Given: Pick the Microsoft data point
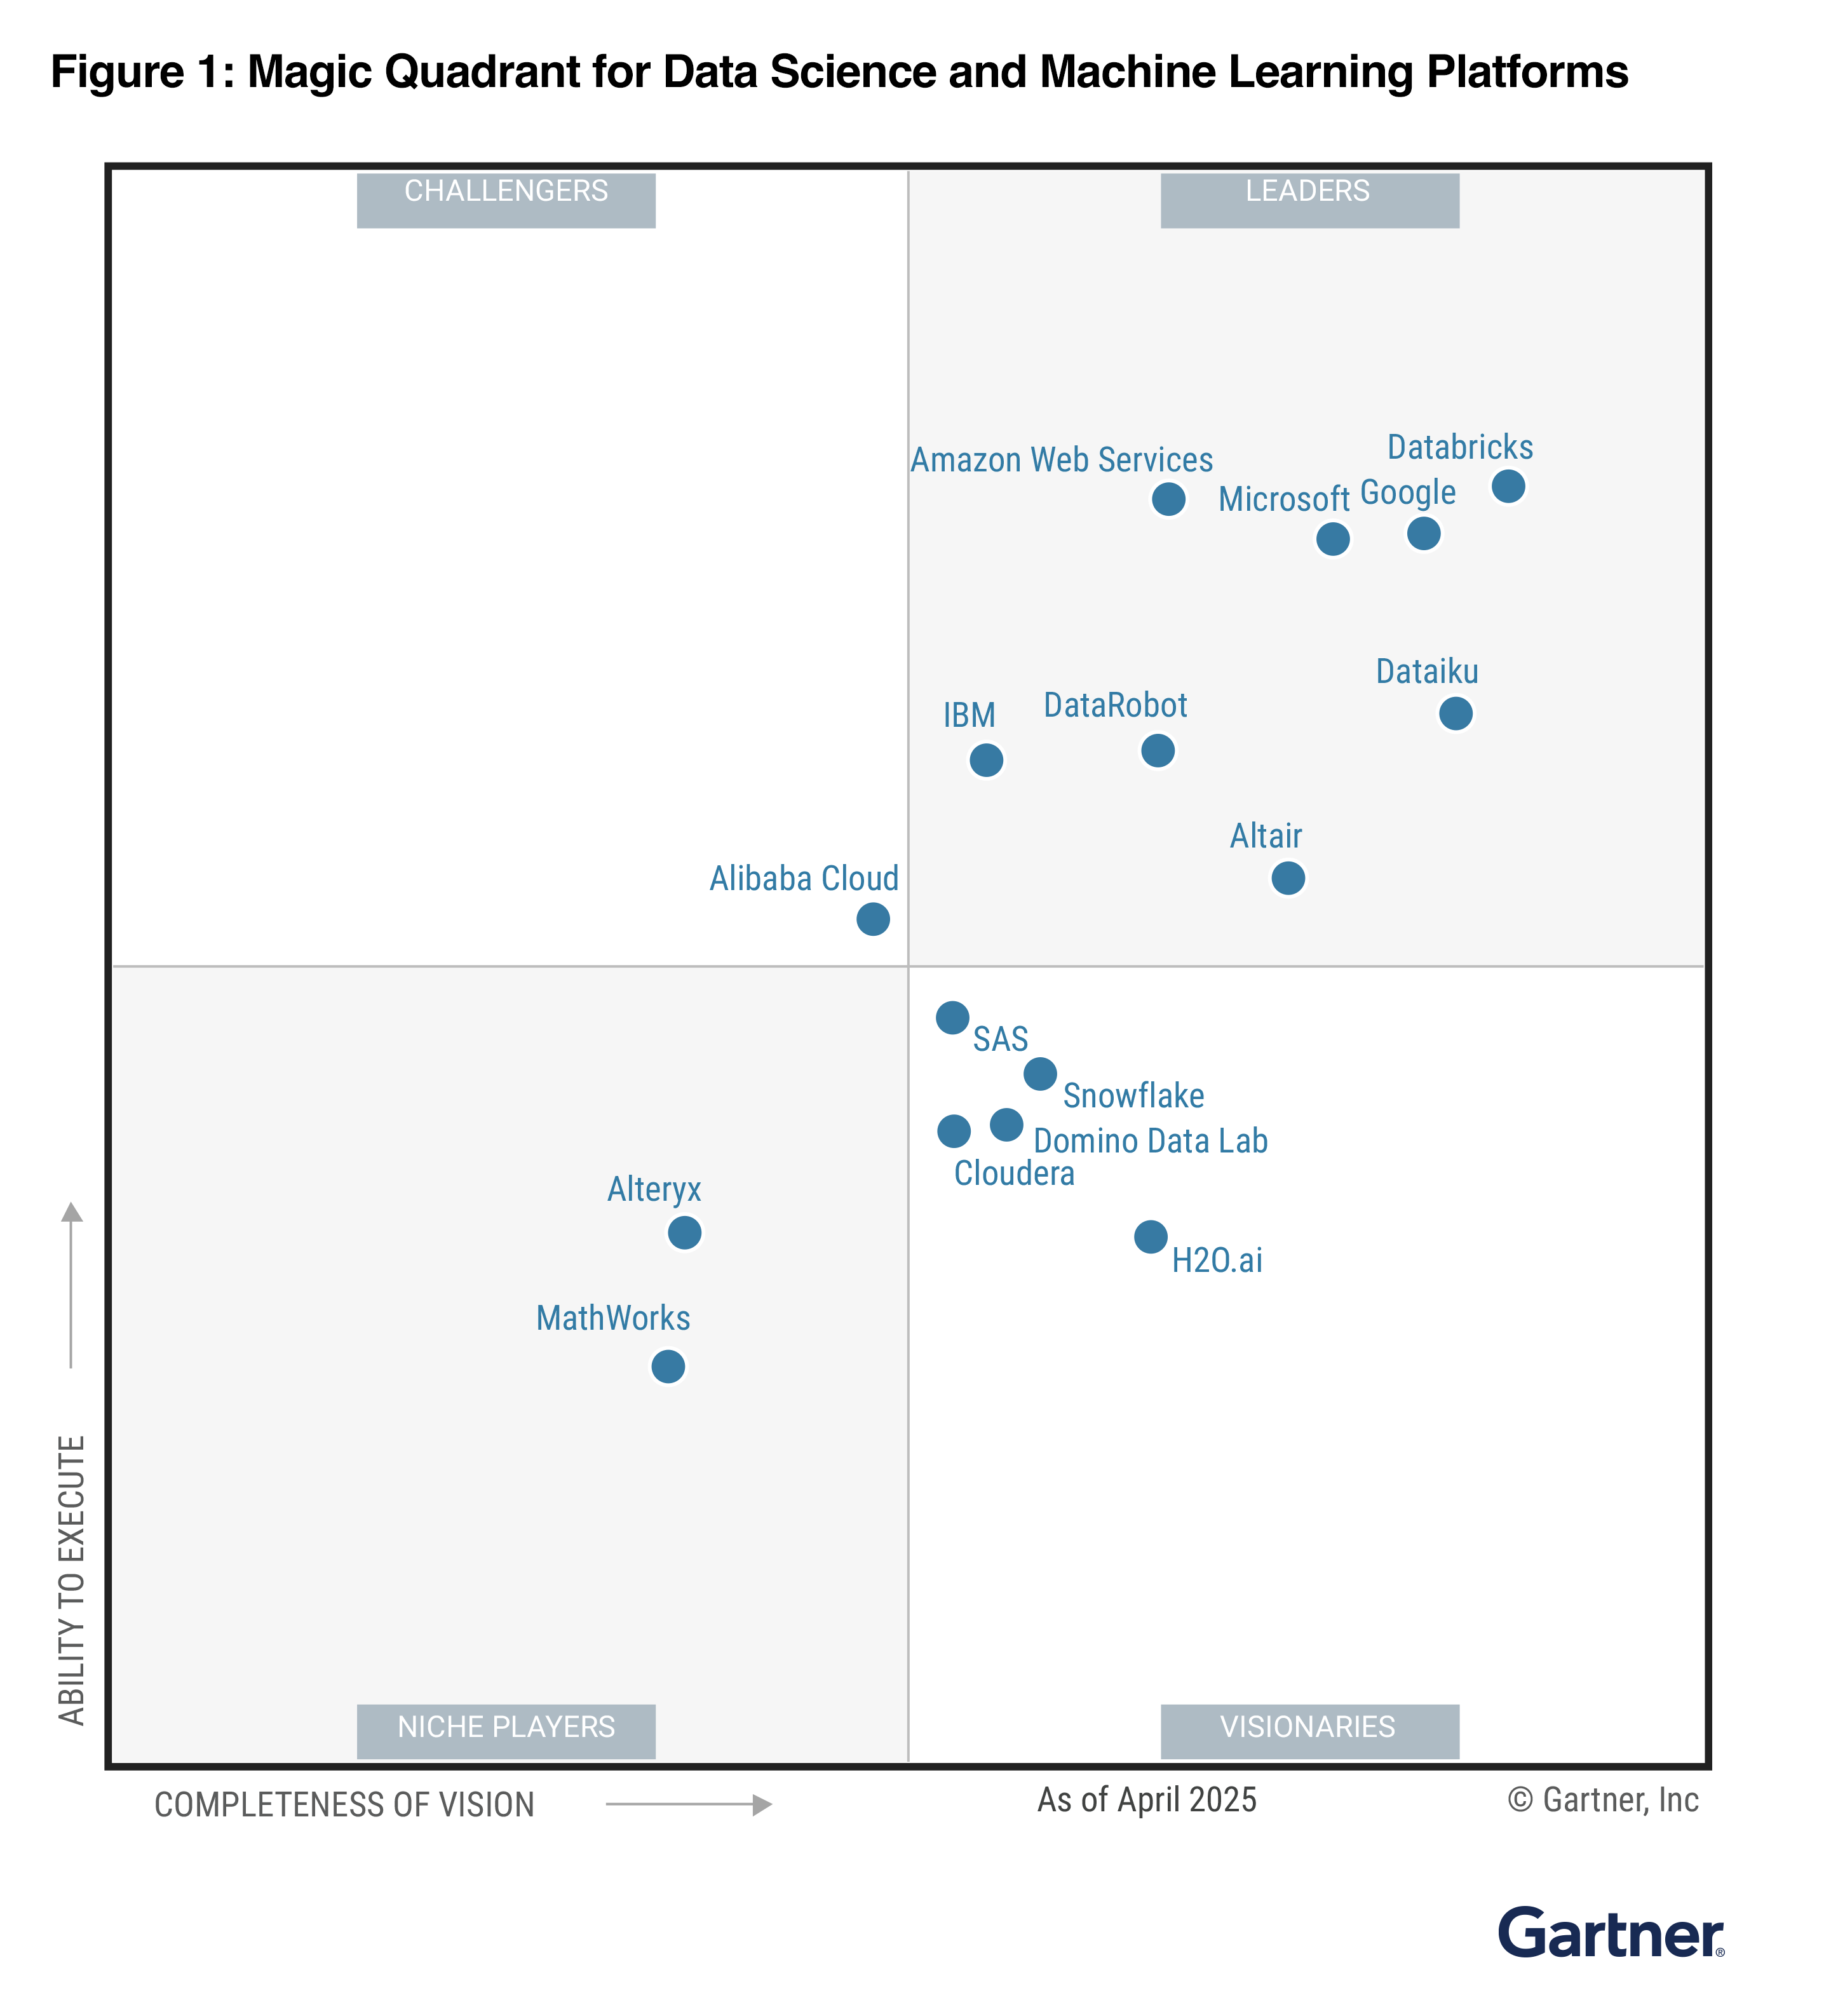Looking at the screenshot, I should [1333, 539].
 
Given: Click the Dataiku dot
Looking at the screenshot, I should [1455, 713].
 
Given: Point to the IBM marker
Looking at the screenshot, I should [985, 760].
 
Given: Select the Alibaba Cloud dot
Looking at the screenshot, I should [872, 919].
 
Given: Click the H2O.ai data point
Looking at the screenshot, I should [1151, 1237].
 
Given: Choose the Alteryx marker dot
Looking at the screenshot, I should [684, 1233].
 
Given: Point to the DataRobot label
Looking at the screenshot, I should [1115, 705].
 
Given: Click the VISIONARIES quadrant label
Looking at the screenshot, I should [1308, 1727].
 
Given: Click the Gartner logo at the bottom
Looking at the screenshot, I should [1611, 1933].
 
